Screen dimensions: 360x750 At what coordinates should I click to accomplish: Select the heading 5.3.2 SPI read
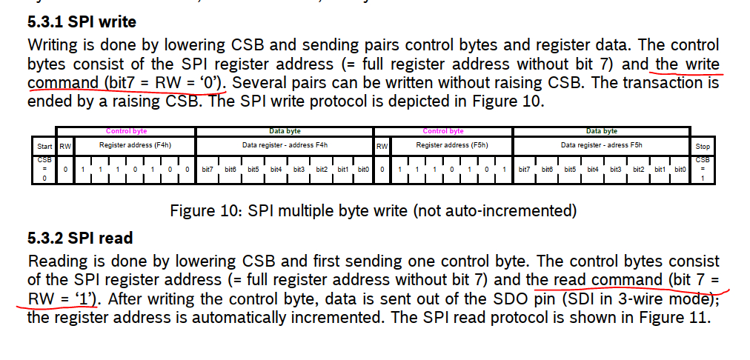click(x=80, y=238)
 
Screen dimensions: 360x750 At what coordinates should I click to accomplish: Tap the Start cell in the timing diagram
click(x=44, y=146)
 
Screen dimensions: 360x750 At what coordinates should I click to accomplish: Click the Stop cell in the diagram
click(x=703, y=146)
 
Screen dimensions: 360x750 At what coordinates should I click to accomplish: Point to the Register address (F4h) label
click(x=135, y=145)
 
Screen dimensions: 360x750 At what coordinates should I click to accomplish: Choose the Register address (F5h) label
click(x=451, y=145)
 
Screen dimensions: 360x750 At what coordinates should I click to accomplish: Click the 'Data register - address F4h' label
click(x=285, y=145)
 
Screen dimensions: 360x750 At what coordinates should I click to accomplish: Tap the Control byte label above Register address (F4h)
click(x=127, y=131)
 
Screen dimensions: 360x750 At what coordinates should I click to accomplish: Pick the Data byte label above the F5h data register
click(x=601, y=131)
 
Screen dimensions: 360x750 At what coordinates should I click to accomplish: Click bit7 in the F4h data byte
click(x=208, y=170)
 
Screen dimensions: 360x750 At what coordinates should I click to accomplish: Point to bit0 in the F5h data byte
click(x=680, y=170)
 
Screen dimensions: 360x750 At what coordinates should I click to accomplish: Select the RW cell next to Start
click(x=65, y=146)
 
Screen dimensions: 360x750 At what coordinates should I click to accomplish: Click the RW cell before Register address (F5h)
click(x=382, y=146)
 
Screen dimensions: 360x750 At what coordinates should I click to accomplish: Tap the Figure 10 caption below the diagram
click(x=373, y=211)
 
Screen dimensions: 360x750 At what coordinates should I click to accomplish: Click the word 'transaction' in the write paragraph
click(x=661, y=83)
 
